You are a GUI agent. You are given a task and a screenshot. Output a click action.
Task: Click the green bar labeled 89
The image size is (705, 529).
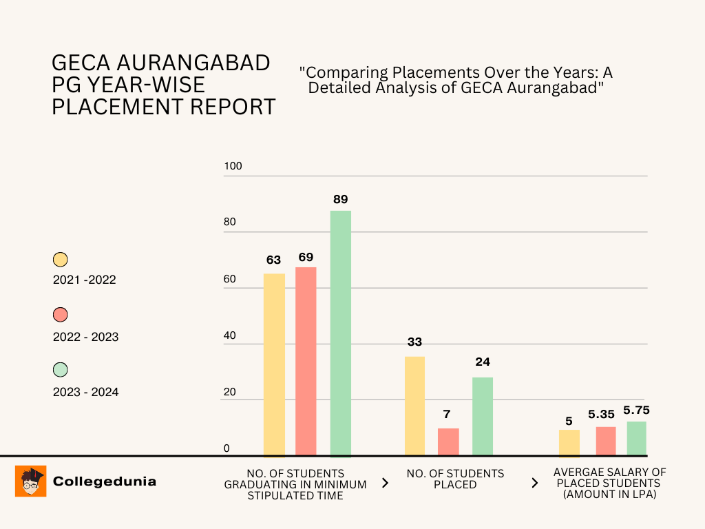341,333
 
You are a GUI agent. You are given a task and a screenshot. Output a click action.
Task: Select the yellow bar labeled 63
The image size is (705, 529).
274,365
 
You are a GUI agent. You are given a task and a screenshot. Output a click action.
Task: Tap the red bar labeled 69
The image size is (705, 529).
306,362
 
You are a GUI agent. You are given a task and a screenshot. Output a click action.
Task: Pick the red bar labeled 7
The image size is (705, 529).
448,442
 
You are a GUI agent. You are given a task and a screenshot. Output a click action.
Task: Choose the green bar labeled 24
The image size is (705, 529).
483,416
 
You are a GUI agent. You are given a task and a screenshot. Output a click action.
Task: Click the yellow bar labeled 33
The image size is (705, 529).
414,406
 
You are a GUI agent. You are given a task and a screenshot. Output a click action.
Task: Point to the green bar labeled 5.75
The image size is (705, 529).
637,438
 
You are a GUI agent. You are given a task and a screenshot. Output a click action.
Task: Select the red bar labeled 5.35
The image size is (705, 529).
606,441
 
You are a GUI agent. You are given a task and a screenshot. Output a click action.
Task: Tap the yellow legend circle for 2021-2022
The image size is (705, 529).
61,260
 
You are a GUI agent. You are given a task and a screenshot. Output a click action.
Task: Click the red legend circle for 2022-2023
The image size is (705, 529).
61,315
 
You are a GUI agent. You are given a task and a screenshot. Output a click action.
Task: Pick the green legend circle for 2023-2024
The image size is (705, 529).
61,370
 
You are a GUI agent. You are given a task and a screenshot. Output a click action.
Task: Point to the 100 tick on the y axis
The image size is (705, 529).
233,167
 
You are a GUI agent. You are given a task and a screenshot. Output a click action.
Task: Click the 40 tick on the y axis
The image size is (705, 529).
229,335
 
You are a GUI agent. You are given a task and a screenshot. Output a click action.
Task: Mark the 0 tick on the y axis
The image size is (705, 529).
226,448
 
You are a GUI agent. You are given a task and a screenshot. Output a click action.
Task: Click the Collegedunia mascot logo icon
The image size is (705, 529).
30,481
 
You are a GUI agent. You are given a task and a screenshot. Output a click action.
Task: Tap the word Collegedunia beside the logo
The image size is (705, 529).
105,481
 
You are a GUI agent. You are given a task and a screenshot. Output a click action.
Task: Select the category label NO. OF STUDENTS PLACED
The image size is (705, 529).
455,479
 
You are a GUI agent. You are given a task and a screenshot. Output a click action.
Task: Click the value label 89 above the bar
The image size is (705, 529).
341,199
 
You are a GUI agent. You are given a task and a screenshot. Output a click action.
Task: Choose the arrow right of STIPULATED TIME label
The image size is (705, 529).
385,484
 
